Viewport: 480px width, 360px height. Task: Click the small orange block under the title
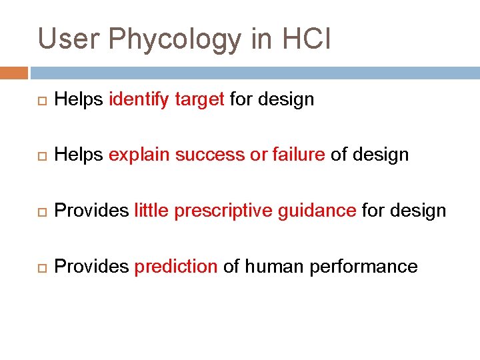(14, 73)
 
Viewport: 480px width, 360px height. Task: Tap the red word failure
(298, 155)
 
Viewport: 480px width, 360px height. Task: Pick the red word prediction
(176, 267)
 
